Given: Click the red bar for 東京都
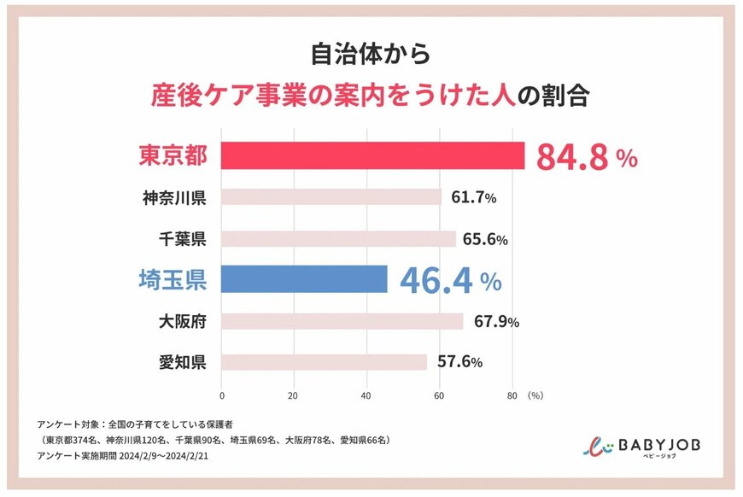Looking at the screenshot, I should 372,155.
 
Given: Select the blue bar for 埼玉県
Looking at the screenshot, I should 304,279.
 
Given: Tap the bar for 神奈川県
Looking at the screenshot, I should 331,197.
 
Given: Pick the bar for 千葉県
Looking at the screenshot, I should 338,238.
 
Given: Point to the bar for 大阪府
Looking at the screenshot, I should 342,321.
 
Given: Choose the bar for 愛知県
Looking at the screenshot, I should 324,362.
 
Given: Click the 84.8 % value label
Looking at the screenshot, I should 586,157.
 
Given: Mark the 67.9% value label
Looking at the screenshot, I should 495,322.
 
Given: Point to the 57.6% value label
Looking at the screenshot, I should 459,363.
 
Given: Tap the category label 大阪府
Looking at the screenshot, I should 182,322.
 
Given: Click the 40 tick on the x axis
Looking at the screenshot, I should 366,396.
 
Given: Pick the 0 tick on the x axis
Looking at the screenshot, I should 222,396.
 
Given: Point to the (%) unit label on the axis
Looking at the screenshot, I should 535,396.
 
